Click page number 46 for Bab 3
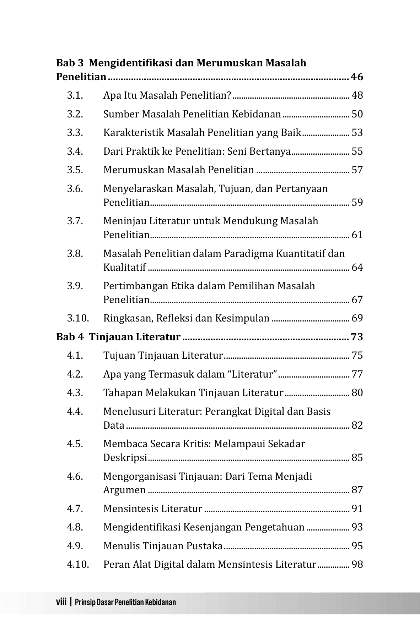[357, 77]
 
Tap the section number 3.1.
[75, 95]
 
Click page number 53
[357, 133]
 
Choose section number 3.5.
[75, 170]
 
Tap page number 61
[357, 235]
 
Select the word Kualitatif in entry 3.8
[124, 268]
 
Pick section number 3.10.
[78, 318]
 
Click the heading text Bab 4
[70, 337]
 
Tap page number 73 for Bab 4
[357, 337]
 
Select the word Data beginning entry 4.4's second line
[114, 425]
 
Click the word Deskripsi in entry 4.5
[125, 458]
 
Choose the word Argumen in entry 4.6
[124, 490]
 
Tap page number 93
[357, 527]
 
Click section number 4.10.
[78, 565]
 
